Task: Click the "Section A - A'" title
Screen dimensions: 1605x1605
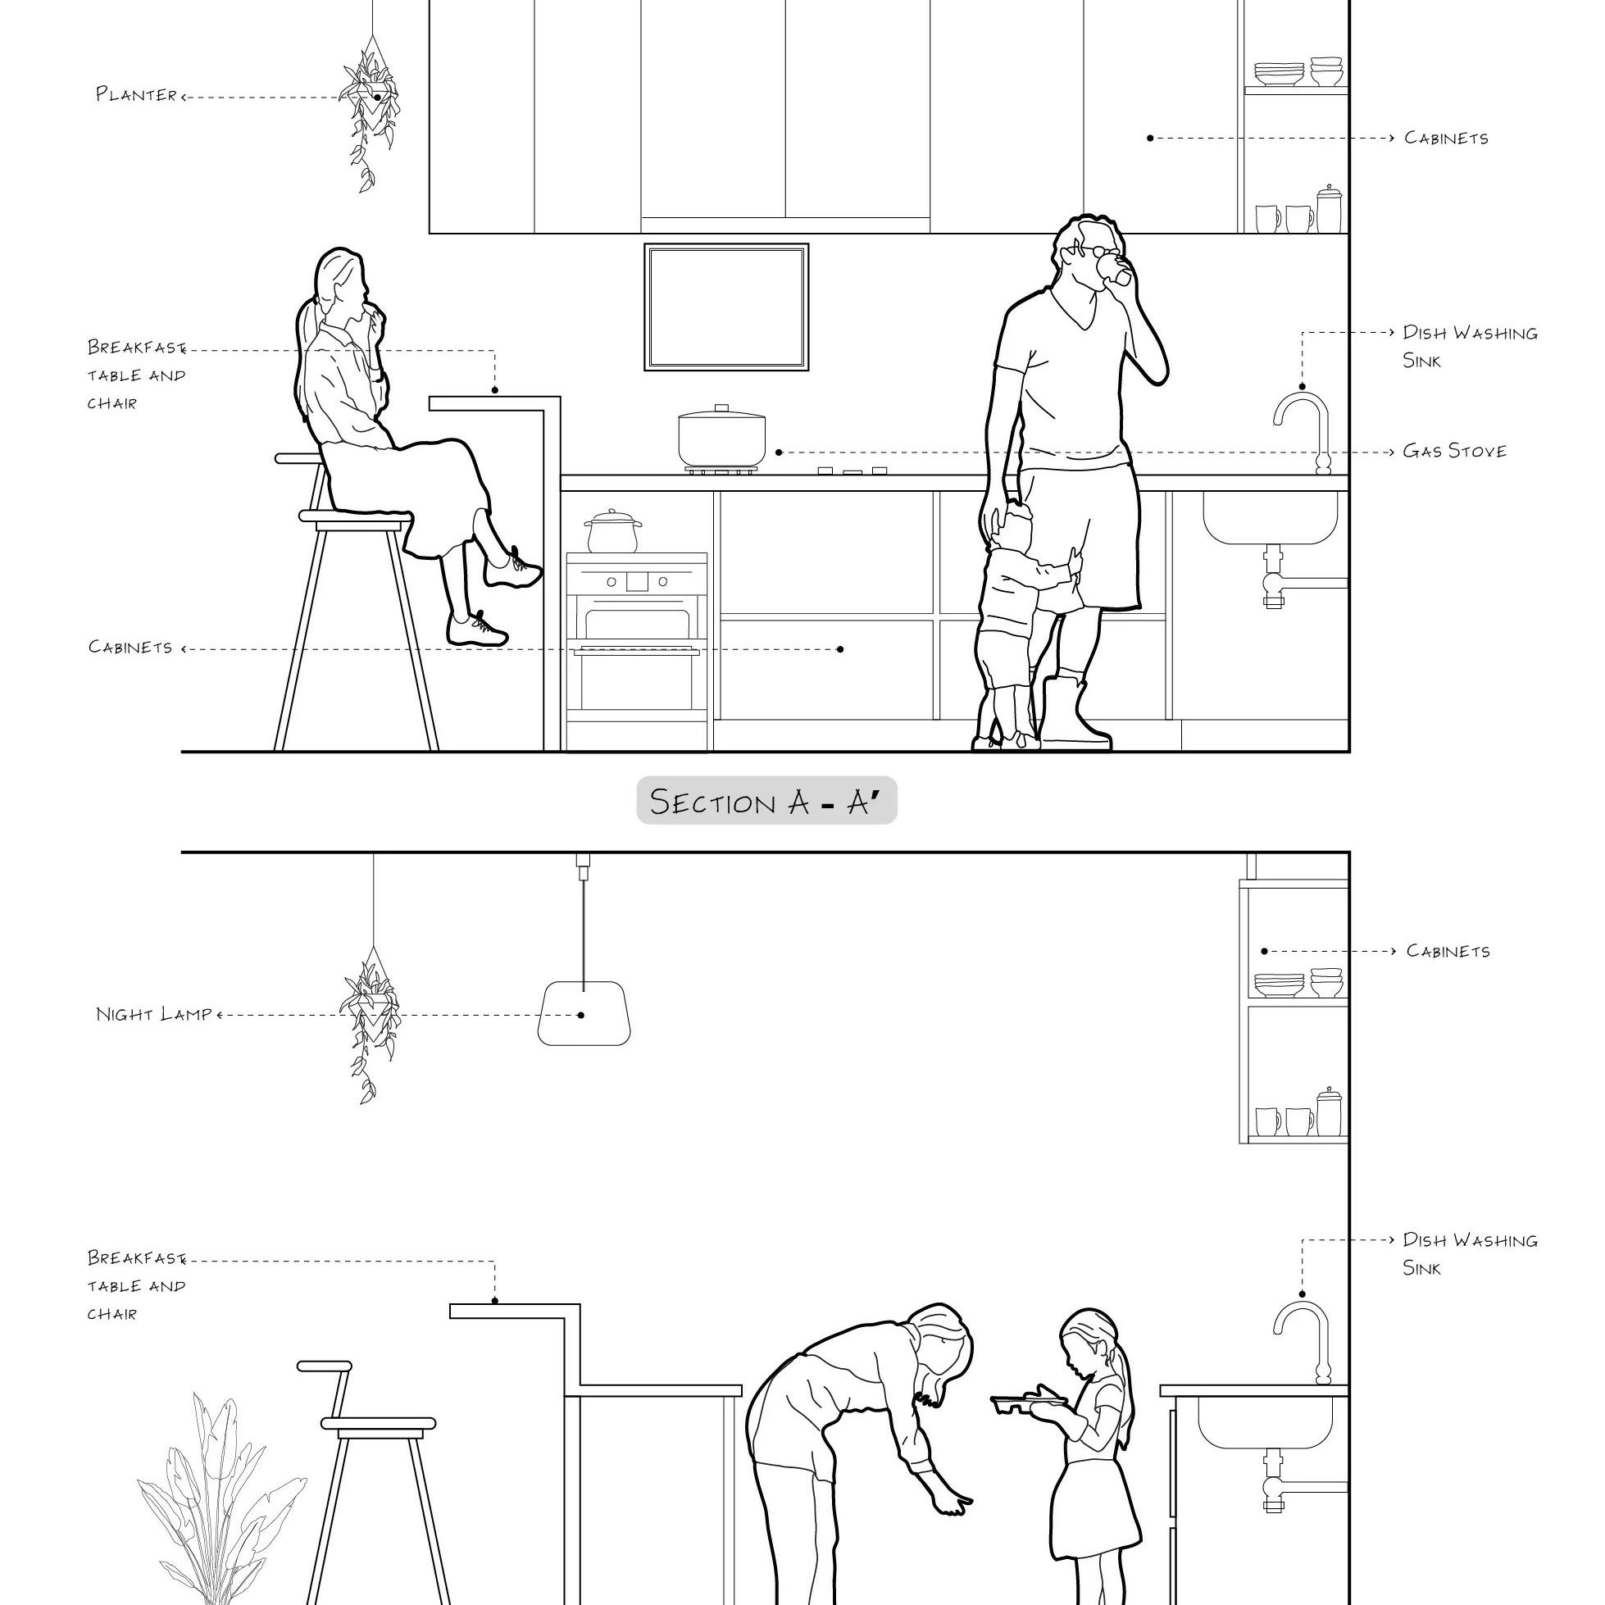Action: (766, 802)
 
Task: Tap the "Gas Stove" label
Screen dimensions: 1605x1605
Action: (1454, 451)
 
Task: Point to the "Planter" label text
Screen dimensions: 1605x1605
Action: (136, 94)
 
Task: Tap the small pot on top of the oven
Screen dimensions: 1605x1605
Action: (613, 532)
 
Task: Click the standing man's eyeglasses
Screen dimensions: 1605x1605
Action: (1095, 251)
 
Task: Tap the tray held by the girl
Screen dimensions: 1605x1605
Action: (1030, 1403)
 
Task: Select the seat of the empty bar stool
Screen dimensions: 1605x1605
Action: (378, 1423)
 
